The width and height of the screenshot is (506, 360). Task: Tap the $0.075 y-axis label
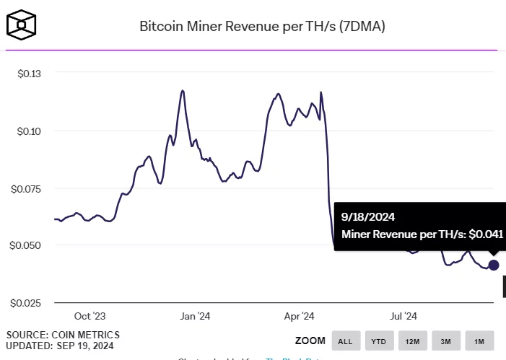(25, 188)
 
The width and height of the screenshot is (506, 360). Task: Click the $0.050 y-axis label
(25, 245)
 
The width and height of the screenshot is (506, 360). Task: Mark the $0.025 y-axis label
(25, 302)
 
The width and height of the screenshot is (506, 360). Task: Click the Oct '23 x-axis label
(90, 316)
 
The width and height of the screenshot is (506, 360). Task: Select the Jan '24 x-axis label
(195, 316)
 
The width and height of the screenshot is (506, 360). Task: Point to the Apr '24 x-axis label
(299, 316)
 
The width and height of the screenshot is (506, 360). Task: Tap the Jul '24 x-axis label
(403, 316)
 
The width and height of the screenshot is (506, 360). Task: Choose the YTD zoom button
(378, 341)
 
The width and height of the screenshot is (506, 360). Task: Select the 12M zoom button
(412, 341)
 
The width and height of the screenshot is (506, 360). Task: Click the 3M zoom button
(446, 341)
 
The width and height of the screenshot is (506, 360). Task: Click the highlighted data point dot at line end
(494, 265)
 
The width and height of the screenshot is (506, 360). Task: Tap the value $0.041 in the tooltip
(485, 234)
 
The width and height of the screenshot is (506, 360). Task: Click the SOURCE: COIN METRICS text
(63, 335)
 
